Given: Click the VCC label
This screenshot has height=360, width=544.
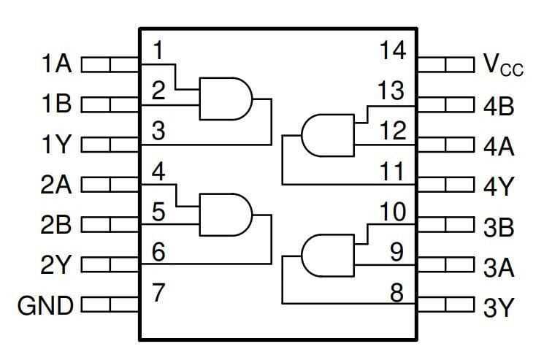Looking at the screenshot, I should (503, 66).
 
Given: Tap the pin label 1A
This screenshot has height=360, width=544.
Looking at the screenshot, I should (55, 65).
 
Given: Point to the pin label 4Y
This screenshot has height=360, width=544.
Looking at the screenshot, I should (499, 188).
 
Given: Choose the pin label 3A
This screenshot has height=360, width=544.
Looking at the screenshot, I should (499, 268).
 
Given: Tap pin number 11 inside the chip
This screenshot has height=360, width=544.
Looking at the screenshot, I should (395, 173).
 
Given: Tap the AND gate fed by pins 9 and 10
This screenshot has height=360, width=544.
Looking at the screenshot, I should (327, 255).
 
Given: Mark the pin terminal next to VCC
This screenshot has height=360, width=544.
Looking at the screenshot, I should (445, 65).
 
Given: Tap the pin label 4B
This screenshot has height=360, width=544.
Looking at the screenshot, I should (499, 107).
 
